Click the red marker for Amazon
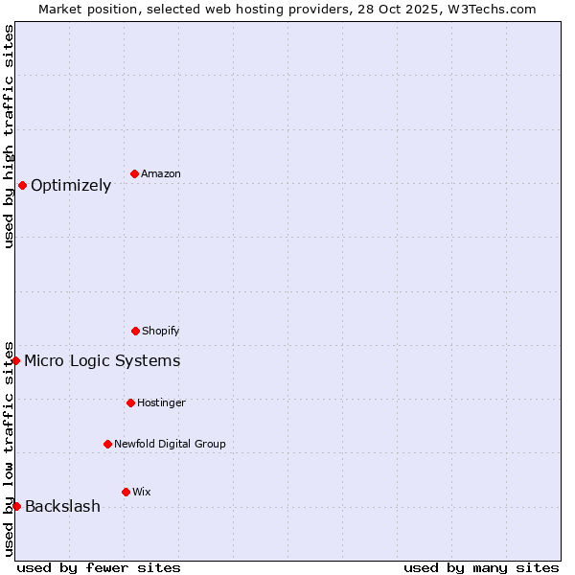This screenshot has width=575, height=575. coord(134,173)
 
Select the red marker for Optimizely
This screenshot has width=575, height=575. coord(22,185)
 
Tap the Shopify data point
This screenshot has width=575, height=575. coord(135,331)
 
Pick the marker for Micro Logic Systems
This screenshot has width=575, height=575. coord(16,360)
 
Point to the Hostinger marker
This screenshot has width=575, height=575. coord(130,402)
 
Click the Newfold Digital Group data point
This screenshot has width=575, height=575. coord(107,444)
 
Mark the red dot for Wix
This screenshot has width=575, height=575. coord(126,492)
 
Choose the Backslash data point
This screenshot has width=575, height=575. coord(16,506)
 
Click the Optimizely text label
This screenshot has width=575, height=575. coord(71,186)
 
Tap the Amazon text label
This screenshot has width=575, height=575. coord(161,174)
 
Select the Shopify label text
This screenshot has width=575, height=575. coord(161,332)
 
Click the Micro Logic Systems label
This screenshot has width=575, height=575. coord(103,361)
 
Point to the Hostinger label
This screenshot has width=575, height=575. coord(161,403)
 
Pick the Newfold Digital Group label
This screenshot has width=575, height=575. coord(170,445)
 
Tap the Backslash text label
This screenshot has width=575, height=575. coord(62,507)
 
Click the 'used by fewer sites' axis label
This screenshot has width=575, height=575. coord(99,567)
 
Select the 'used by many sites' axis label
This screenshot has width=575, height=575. coord(481,567)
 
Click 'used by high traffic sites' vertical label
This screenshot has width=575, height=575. coord(9,136)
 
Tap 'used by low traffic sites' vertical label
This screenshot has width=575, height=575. coord(9,448)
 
